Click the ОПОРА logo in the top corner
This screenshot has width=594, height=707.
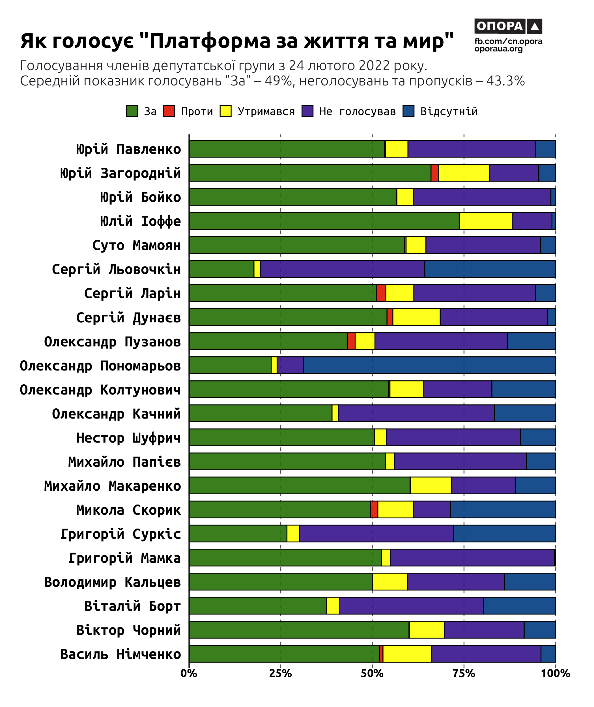pos(508,26)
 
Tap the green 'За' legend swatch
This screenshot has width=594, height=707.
pos(132,111)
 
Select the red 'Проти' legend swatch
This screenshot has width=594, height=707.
pos(169,111)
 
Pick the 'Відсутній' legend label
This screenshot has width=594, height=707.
pos(449,111)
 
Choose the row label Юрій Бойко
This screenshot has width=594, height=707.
pos(140,197)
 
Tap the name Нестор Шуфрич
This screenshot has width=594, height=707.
pos(129,438)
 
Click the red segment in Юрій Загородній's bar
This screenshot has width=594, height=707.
pos(434,173)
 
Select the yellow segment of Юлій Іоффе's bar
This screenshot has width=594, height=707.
pos(486,221)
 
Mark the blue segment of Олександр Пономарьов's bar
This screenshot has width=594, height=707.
pos(429,365)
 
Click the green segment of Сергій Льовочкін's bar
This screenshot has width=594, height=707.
pos(221,269)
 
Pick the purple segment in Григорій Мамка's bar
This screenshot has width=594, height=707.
pos(472,558)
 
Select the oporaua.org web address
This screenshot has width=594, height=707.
pos(498,49)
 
